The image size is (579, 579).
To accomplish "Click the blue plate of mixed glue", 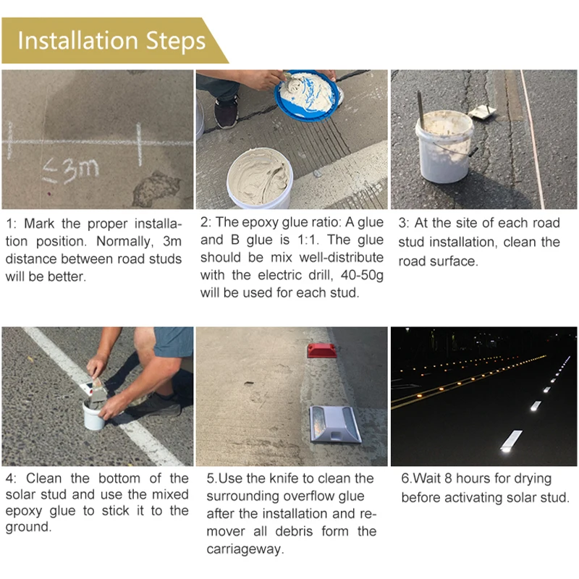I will pyautogui.click(x=307, y=95).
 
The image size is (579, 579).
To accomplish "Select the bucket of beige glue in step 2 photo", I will pyautogui.click(x=259, y=178).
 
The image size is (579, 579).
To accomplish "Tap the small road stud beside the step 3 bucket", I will pyautogui.click(x=481, y=111).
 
